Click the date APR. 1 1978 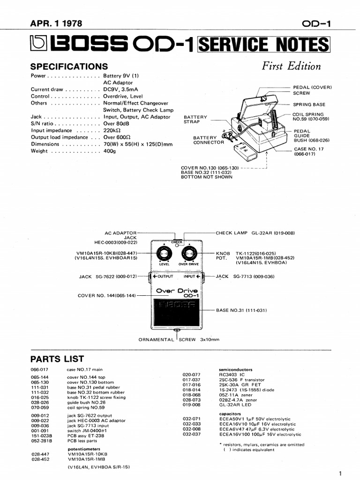click(x=58, y=24)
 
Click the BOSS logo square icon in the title click(x=39, y=45)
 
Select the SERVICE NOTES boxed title click(x=264, y=45)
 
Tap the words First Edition click(x=291, y=66)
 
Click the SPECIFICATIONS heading click(x=69, y=67)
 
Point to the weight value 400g click(x=109, y=151)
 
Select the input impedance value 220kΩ click(x=112, y=130)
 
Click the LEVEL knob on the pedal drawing click(x=164, y=255)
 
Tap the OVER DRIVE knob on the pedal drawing click(x=189, y=255)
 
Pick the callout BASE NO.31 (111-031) click(x=241, y=310)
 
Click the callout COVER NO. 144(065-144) click(x=107, y=295)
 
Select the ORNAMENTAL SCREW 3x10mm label click(x=179, y=339)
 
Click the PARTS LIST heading click(x=57, y=359)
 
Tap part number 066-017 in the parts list click(x=40, y=370)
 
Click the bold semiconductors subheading click(x=235, y=369)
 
